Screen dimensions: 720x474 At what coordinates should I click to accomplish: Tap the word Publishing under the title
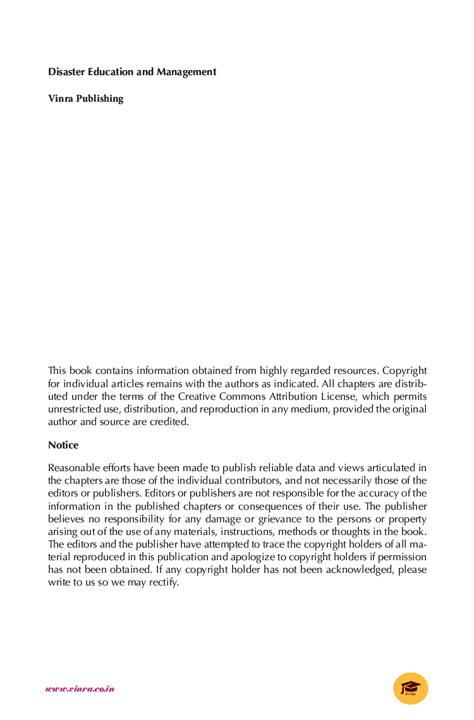point(100,99)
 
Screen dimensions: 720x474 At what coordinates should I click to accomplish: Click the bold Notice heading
point(63,445)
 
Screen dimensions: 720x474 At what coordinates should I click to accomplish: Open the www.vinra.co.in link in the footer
point(80,689)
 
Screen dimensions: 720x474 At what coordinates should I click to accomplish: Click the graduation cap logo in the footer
point(410,688)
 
